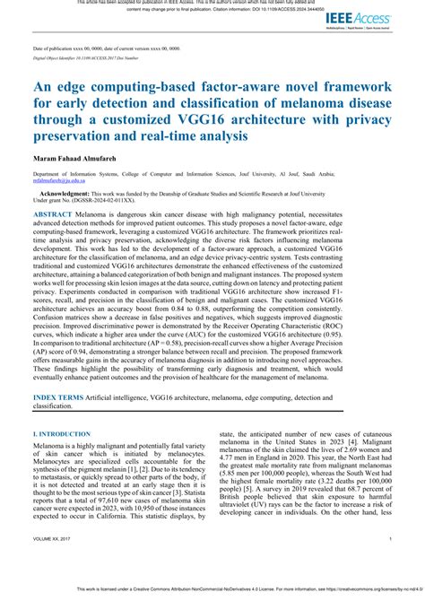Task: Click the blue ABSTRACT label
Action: (53, 216)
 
